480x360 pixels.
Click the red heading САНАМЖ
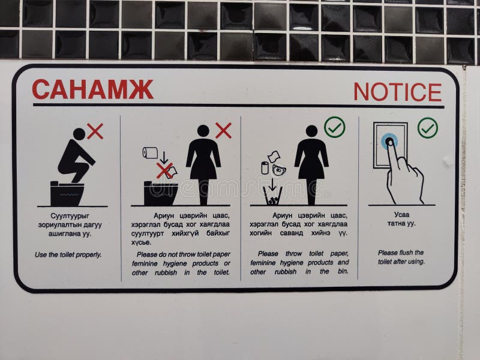[92, 89]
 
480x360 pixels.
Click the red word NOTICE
[397, 92]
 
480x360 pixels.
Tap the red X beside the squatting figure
[95, 131]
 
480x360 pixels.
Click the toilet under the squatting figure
[67, 193]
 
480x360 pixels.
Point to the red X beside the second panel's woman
[223, 130]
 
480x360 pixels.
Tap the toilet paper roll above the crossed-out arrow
[150, 153]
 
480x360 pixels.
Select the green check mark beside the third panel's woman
[334, 127]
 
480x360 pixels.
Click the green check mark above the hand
[428, 127]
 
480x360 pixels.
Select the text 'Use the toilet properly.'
[68, 254]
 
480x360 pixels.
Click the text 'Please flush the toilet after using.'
[401, 257]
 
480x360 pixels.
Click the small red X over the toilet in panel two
[164, 170]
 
